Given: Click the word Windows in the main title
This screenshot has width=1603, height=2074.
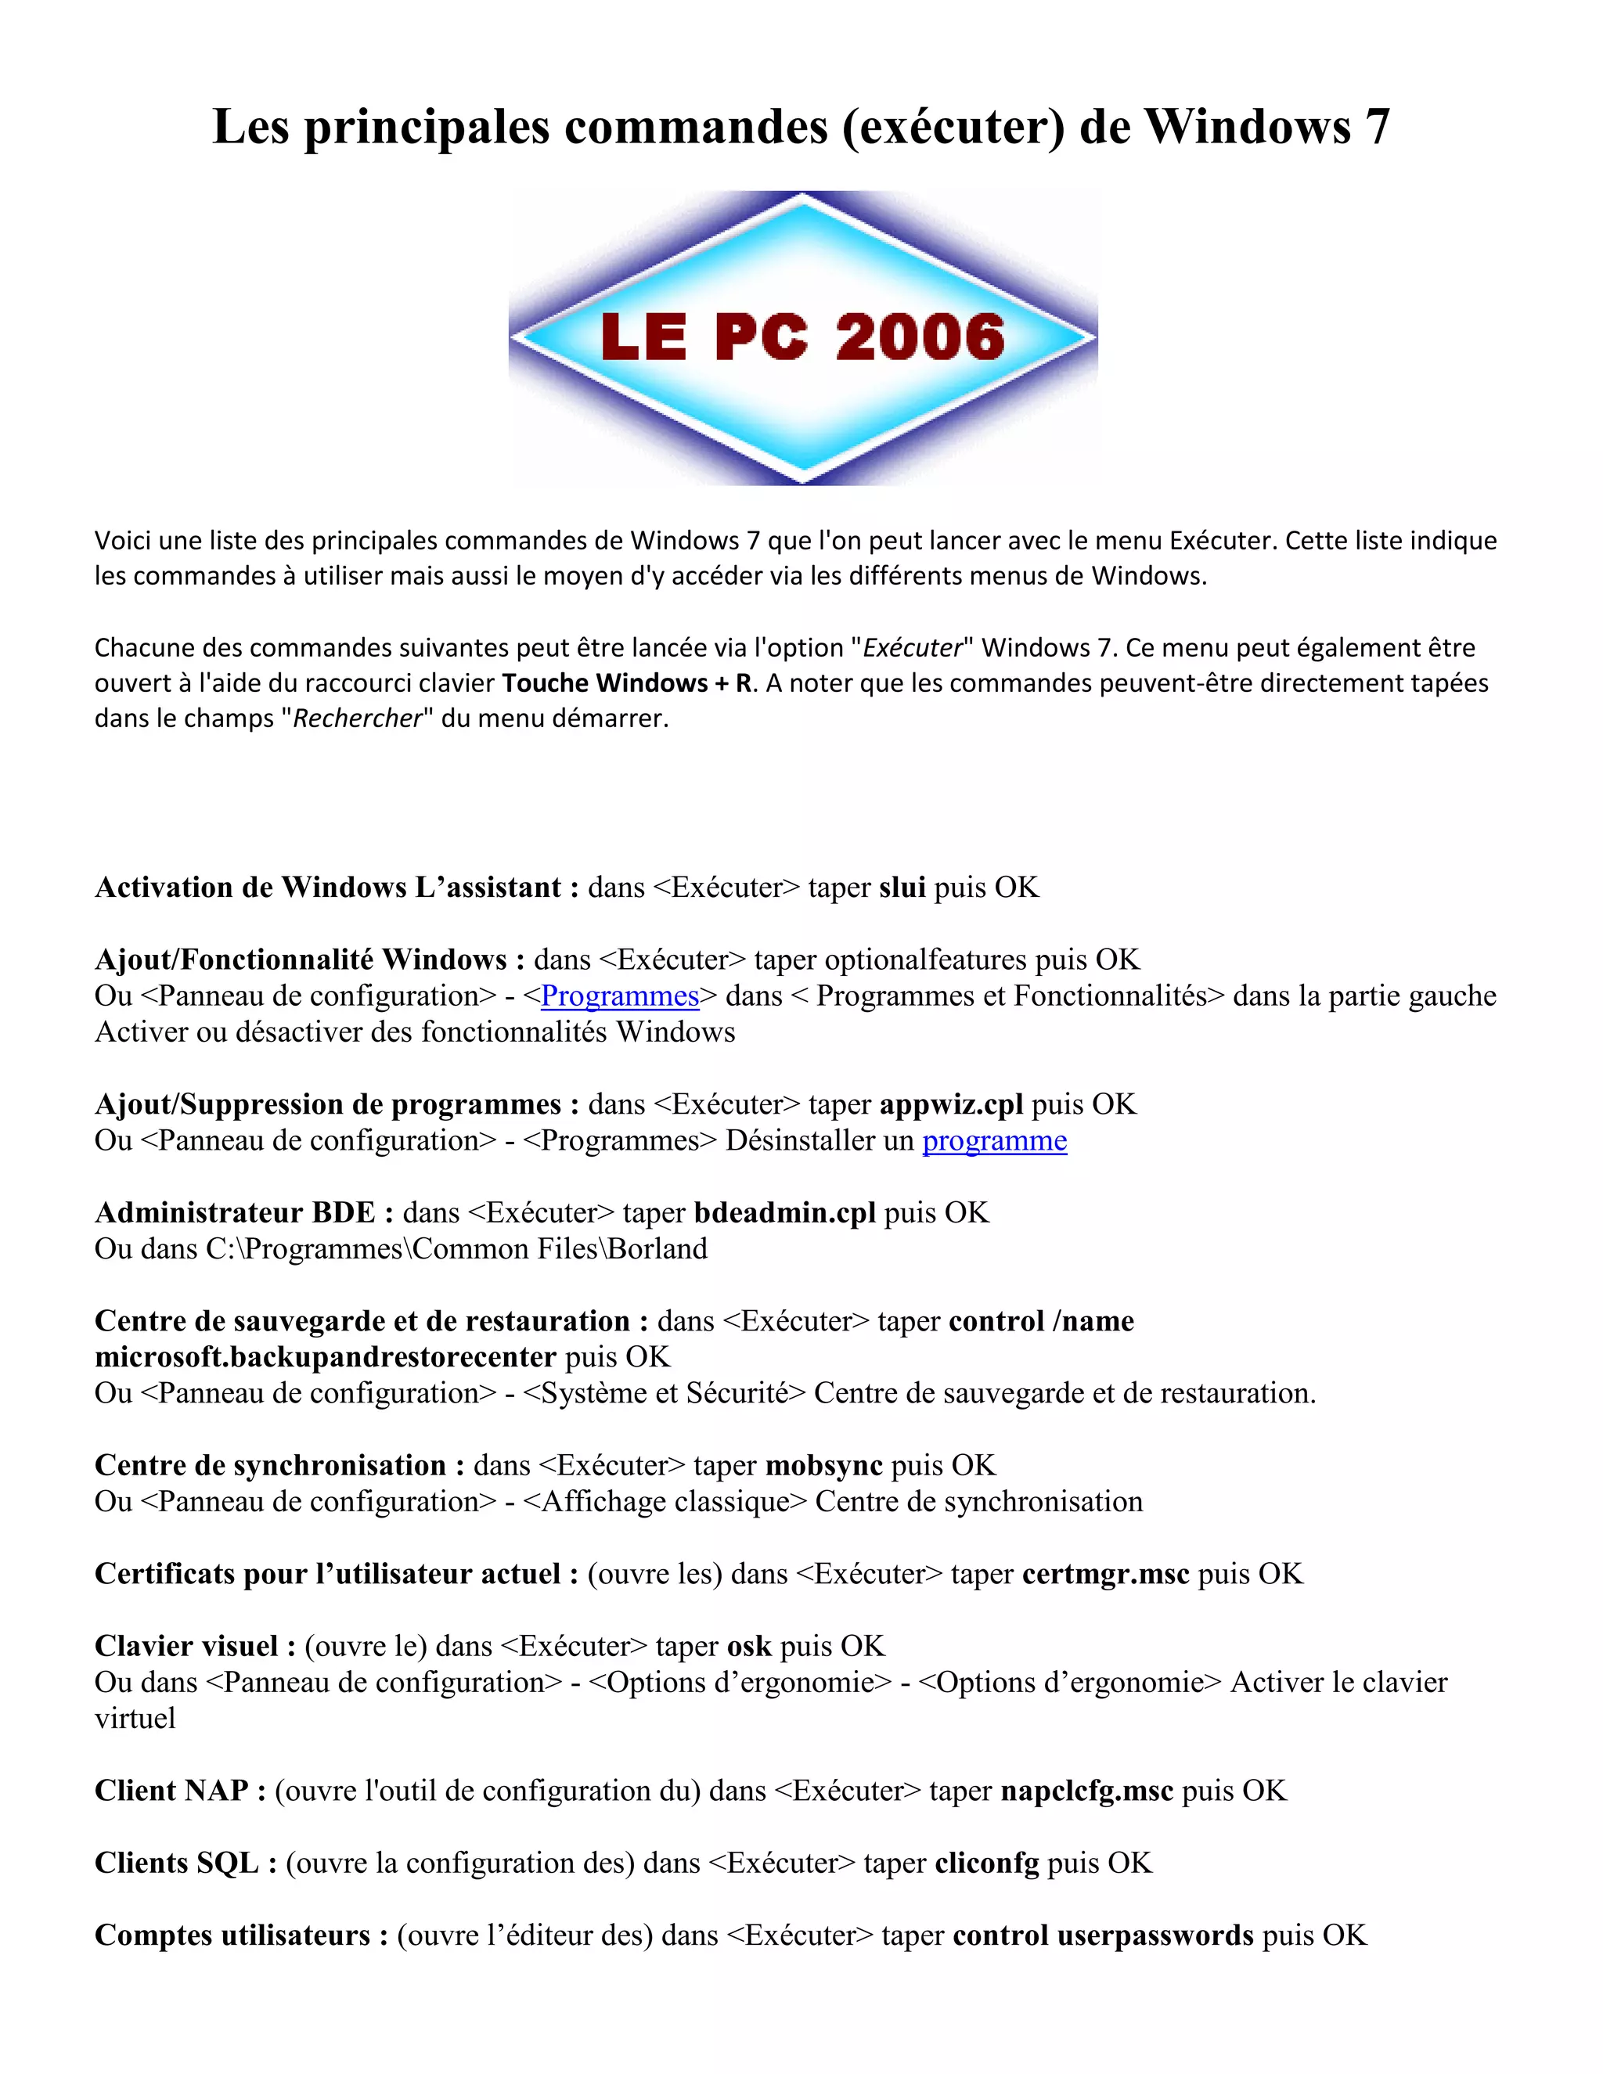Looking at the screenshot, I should [1247, 126].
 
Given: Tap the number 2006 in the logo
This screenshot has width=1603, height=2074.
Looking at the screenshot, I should [919, 338].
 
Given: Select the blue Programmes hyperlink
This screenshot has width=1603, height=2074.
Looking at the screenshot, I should [619, 996].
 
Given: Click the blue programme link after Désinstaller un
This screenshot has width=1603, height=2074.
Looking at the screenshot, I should [994, 1140].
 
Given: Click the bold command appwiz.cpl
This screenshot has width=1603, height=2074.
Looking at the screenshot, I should [950, 1104].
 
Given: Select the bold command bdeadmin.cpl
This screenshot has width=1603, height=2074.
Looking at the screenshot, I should [784, 1212].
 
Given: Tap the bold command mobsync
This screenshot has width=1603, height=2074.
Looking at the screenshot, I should [823, 1465].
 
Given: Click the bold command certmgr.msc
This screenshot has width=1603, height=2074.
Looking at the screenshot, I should [1105, 1574].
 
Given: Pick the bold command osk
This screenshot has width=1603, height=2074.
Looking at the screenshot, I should [748, 1646].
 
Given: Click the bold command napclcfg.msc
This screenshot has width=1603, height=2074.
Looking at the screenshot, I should [1086, 1790].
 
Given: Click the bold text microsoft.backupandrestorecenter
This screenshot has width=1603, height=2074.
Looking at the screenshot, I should [325, 1357].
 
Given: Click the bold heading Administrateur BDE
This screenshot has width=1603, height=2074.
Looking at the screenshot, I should [235, 1212].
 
